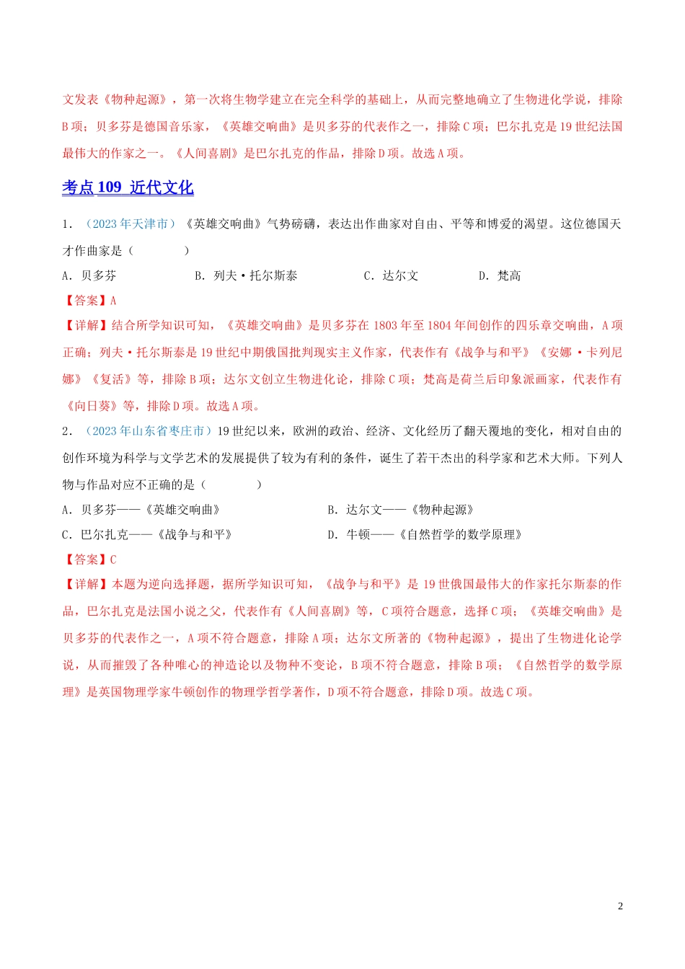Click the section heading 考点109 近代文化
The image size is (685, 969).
[128, 187]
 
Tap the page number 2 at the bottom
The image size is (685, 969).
[620, 906]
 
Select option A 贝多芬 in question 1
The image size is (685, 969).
[89, 275]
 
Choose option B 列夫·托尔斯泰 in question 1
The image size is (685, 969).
[246, 275]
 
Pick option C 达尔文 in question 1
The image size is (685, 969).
[391, 275]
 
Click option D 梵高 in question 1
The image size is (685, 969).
[500, 275]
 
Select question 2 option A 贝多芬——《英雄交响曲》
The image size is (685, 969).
[141, 510]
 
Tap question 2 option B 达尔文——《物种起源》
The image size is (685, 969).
[401, 510]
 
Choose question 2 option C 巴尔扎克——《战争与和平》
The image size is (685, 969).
[147, 534]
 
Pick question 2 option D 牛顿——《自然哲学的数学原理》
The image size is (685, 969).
[425, 534]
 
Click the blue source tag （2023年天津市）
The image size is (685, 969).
[131, 224]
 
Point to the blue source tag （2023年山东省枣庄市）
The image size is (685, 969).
[149, 430]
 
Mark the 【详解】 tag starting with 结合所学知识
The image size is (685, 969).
[87, 325]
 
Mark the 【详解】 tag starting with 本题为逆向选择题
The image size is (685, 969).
[87, 584]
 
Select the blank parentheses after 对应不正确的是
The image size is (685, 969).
[231, 485]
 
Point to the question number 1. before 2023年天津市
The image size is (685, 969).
[67, 224]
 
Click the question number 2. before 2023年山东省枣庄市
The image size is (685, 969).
[67, 431]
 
